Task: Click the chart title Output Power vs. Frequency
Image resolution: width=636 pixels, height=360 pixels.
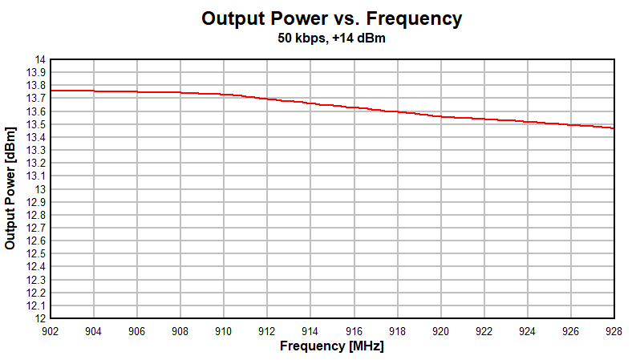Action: coord(331,18)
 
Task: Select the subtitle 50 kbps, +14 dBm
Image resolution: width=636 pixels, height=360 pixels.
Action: coord(331,38)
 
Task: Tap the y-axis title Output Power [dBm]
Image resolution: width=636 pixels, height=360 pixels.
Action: coord(10,187)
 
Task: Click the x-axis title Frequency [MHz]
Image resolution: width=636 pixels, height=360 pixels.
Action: coord(331,346)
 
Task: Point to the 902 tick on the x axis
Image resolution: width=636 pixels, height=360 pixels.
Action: coord(51,330)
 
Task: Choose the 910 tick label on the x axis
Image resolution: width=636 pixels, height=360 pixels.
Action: coord(224,330)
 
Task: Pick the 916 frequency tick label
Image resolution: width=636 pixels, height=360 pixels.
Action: coord(354,330)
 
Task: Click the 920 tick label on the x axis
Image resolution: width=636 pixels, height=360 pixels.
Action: coord(440,330)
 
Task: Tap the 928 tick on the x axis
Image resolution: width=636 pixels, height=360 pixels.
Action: coord(614,330)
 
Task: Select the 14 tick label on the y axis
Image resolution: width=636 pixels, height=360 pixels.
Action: coord(38,60)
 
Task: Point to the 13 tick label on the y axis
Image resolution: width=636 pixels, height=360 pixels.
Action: coord(38,189)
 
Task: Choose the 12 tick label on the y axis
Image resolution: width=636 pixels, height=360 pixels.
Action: coord(38,318)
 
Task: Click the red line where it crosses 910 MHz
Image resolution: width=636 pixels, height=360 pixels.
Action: coord(224,95)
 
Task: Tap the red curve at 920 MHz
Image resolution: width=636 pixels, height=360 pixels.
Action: coord(440,116)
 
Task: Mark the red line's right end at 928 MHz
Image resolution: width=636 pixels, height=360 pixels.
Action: coord(613,127)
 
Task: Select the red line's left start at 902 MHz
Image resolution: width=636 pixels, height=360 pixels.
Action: coord(51,91)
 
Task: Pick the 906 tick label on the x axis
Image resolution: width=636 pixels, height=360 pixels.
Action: coord(137,330)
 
